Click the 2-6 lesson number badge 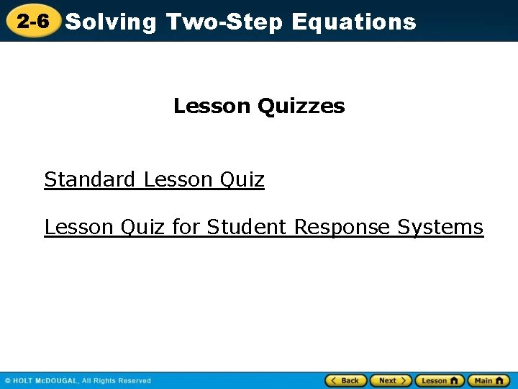pos(33,22)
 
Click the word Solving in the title pos(110,22)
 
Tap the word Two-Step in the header pos(225,22)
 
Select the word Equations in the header pos(354,22)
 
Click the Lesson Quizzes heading pos(259,107)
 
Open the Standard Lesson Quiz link pos(154,179)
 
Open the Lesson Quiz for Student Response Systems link pos(263,228)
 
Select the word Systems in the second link pos(440,228)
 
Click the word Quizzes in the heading pos(301,107)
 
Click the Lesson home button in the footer pos(439,380)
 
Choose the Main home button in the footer pos(489,380)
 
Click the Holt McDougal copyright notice pos(78,380)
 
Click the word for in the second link pos(186,228)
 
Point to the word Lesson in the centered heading pos(212,107)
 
